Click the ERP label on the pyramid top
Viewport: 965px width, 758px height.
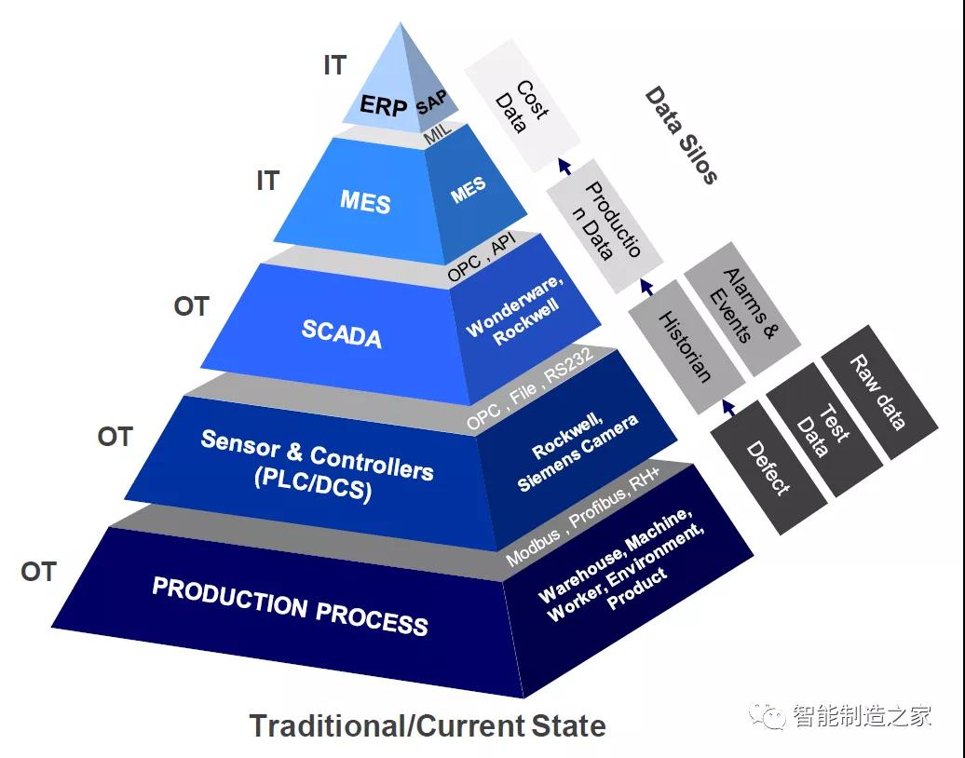pos(384,105)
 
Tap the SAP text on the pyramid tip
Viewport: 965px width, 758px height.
pos(431,102)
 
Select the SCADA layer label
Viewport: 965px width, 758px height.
pos(342,333)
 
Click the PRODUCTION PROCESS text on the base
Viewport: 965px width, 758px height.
pos(290,606)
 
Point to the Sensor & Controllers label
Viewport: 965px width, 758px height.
pos(317,466)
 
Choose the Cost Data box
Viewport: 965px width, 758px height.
pos(522,106)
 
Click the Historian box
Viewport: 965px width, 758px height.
pos(686,346)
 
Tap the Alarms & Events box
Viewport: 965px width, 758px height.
pos(742,308)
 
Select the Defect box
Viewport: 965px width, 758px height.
pos(768,467)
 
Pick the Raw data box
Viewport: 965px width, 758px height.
pos(879,392)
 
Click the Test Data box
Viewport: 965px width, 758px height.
pos(824,429)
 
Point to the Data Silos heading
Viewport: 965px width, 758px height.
pos(681,135)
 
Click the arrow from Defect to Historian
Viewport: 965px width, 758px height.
pos(728,407)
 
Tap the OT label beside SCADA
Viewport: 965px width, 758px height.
pos(191,306)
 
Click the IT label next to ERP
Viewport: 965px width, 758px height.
pos(335,64)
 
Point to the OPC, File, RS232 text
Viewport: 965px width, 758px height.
pos(530,388)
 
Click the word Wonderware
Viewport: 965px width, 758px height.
pos(514,305)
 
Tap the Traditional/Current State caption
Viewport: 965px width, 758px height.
pos(428,725)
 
